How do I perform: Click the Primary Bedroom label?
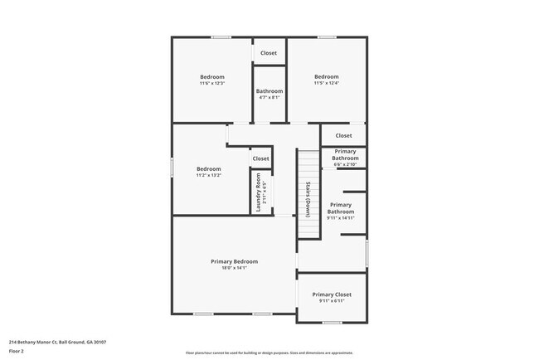point(235,261)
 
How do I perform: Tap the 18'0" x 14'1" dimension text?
point(235,268)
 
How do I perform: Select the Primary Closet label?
point(332,294)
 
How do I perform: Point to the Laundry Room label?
point(259,192)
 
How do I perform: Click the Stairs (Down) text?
point(308,199)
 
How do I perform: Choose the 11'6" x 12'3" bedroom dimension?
point(212,83)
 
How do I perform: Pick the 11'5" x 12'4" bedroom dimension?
point(327,83)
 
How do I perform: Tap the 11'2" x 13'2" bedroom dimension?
point(209,175)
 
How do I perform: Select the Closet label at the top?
point(269,53)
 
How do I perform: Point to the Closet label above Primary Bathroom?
point(343,135)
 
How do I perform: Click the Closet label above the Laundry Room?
point(261,158)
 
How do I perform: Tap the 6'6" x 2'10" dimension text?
point(344,164)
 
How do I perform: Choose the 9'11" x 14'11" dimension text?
point(341,217)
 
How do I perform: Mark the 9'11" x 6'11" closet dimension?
point(332,301)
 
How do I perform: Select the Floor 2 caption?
point(17,351)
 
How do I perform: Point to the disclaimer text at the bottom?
point(269,353)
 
